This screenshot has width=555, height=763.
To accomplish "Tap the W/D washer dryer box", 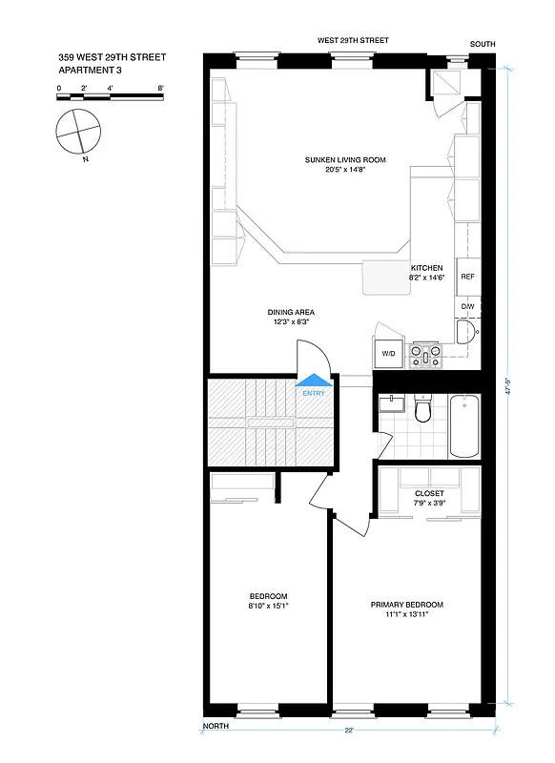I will (x=389, y=353).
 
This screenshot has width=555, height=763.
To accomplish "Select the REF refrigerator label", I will (x=467, y=277).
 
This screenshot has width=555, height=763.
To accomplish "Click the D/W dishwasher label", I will (x=467, y=306).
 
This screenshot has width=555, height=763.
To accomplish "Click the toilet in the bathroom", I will (x=425, y=410).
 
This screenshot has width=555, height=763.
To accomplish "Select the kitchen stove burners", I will (x=424, y=356).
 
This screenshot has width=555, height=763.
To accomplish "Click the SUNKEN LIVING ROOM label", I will (x=344, y=159).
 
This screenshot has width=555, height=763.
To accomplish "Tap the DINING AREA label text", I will (x=291, y=312).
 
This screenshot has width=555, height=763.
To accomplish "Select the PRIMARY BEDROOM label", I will (x=406, y=605).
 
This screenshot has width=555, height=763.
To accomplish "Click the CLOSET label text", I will (x=430, y=493).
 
